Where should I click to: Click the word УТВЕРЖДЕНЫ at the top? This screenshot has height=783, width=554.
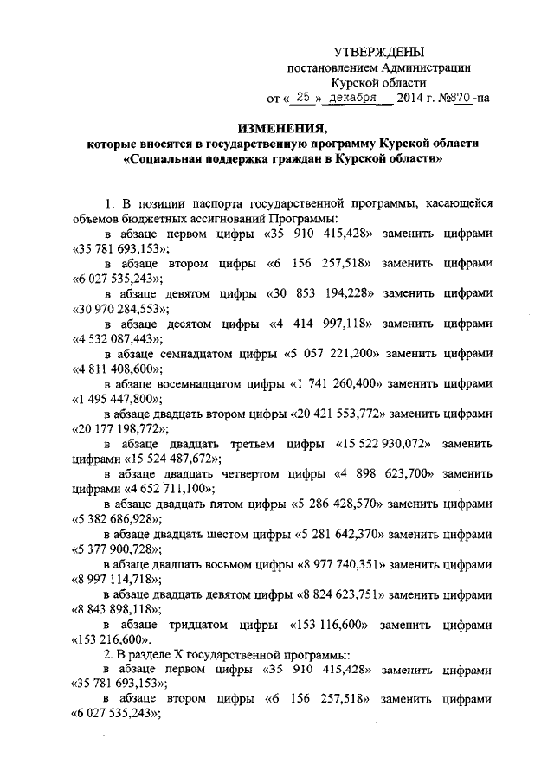[380, 54]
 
